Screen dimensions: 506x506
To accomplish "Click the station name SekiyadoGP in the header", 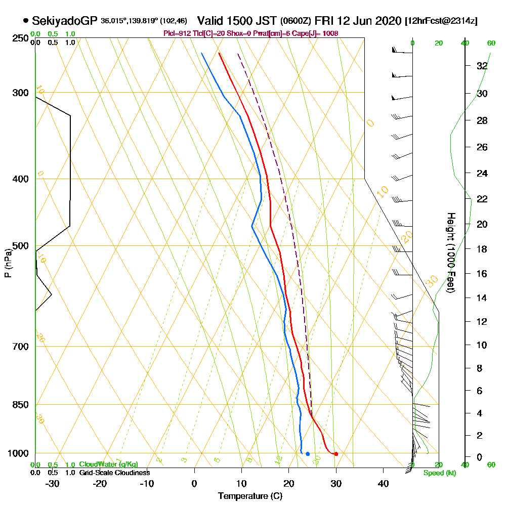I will coord(65,21).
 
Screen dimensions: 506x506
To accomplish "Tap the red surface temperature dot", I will coord(336,454).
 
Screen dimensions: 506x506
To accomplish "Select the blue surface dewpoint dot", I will coord(308,454).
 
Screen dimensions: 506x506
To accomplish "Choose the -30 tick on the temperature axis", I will coord(53,483).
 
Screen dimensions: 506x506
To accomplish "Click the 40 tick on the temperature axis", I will coord(383,483).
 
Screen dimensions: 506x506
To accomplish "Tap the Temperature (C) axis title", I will coord(250,496).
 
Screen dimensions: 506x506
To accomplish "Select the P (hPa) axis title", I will coord(8,263).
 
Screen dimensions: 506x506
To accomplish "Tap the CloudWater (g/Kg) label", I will coord(108,465).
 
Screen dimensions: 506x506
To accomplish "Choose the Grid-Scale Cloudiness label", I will coord(114,473).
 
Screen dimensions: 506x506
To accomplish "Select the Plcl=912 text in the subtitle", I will coord(177,33).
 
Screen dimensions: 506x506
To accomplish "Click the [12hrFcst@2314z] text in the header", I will coord(441,21).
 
